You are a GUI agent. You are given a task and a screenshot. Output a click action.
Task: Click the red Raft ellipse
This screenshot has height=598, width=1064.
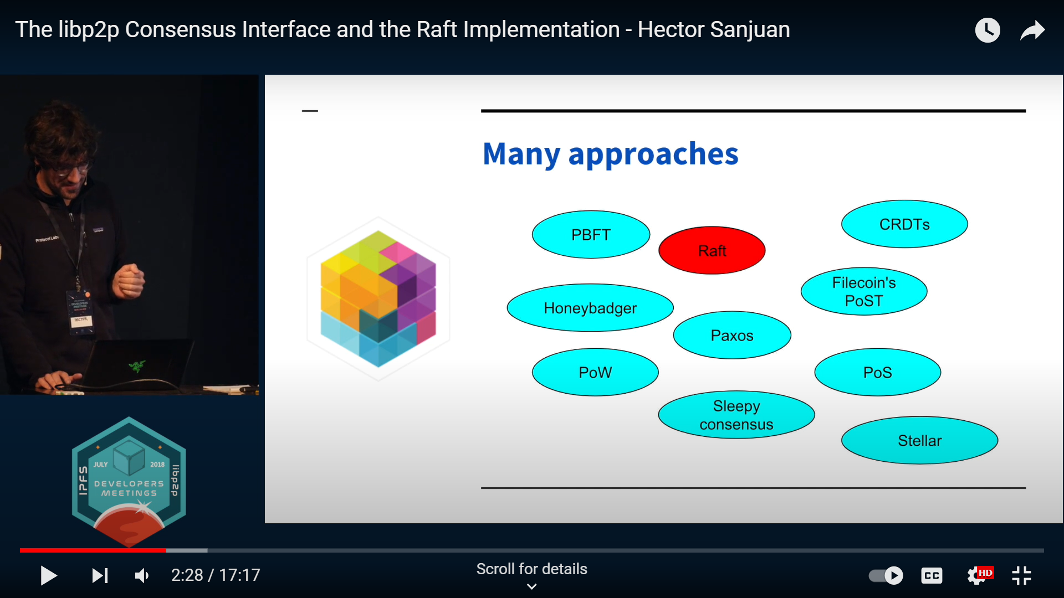tap(712, 250)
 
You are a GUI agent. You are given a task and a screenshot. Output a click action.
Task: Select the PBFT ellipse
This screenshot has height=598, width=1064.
tap(591, 234)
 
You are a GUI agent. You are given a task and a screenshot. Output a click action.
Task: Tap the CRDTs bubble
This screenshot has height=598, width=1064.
tap(904, 224)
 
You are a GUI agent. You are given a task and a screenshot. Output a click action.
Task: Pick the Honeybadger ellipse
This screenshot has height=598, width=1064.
tap(590, 308)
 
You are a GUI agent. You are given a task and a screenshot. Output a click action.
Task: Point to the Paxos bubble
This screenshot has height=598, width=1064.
tap(732, 335)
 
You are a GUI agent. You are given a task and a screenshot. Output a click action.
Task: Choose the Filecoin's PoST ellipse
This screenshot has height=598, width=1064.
tap(864, 291)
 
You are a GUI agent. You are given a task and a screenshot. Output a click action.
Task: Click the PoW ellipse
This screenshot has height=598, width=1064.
tap(595, 372)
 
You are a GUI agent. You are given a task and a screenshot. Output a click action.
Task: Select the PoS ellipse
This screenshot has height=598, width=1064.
tap(877, 372)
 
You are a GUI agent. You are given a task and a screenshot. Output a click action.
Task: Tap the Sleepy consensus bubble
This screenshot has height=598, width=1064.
tap(736, 415)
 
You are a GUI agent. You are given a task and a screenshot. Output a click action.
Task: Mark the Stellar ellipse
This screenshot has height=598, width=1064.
tap(919, 440)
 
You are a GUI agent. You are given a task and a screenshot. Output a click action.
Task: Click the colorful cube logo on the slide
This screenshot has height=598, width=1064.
tap(378, 299)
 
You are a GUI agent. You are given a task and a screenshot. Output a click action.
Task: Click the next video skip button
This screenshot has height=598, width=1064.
tap(100, 576)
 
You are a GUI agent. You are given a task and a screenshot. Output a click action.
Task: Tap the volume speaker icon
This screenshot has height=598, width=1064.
tap(142, 576)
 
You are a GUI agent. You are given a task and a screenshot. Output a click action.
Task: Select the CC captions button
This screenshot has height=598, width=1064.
tap(932, 576)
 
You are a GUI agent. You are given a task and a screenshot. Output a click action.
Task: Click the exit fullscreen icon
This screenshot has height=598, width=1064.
tap(1021, 576)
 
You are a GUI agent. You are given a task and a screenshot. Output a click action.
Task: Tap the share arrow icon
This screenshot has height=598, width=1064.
tap(1032, 30)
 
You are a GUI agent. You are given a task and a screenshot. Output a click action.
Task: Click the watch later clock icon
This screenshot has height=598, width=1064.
tap(988, 30)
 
